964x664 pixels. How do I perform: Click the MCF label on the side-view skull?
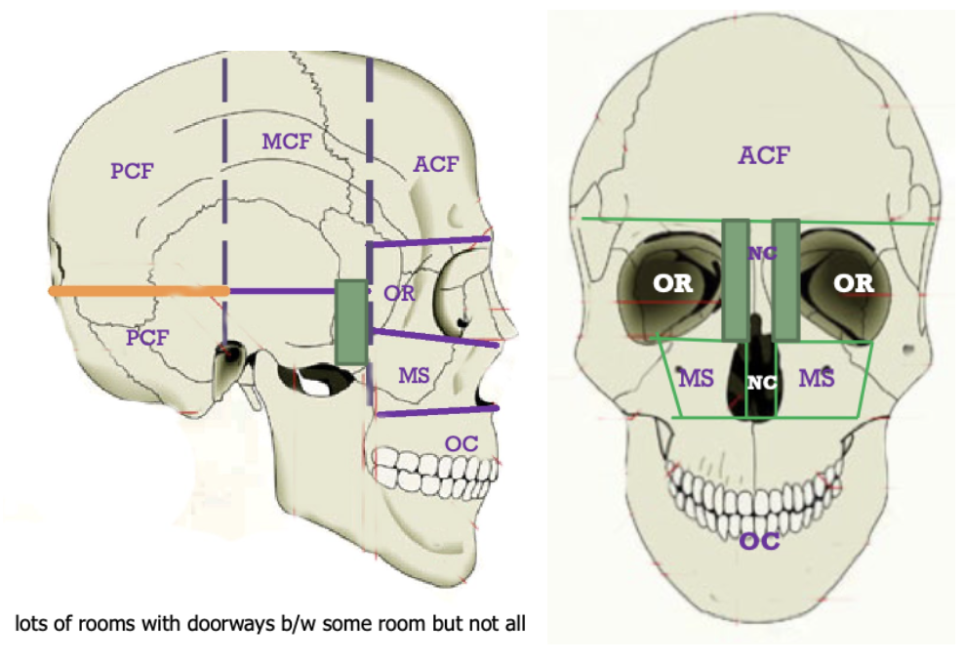(286, 141)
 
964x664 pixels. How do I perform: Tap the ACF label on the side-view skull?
(435, 163)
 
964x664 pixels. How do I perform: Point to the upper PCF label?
(133, 171)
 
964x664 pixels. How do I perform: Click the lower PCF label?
(147, 338)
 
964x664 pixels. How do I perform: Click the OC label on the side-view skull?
(461, 442)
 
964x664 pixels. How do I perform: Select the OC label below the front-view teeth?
(759, 540)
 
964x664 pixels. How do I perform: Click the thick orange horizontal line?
(138, 291)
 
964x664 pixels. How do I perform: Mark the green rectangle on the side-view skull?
(351, 322)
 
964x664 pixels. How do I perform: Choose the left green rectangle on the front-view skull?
(736, 279)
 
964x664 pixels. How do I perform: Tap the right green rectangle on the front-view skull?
(785, 279)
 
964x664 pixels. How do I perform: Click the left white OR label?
(672, 283)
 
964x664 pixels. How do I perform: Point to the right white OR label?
(853, 282)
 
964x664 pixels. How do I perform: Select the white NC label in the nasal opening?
(761, 382)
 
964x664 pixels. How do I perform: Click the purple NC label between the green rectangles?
(761, 254)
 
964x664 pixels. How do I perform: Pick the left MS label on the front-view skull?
(697, 378)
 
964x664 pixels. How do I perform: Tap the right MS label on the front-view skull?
(817, 378)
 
